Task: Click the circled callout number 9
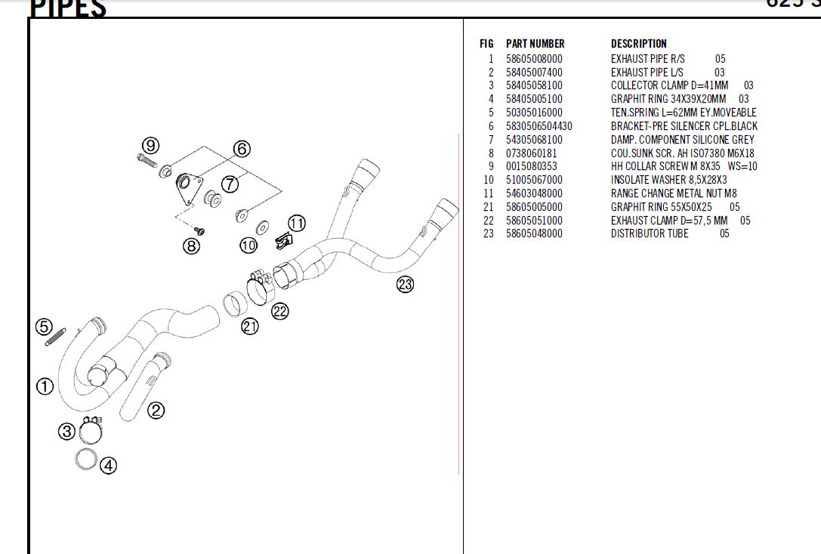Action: pos(151,145)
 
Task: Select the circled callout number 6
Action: pos(242,149)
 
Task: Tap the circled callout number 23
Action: pos(406,284)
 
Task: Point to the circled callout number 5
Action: pos(44,327)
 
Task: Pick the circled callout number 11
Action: pos(297,223)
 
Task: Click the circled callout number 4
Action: pos(109,466)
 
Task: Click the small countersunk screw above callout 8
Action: pos(200,228)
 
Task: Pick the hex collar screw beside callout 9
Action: pos(147,160)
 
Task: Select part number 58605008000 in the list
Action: pos(534,59)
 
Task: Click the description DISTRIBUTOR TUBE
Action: pos(650,234)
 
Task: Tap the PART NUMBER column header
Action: pos(535,44)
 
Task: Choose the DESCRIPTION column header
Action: pos(638,44)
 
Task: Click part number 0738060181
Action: pos(531,153)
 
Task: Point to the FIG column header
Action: pos(486,44)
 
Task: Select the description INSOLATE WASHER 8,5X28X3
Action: pos(668,180)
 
